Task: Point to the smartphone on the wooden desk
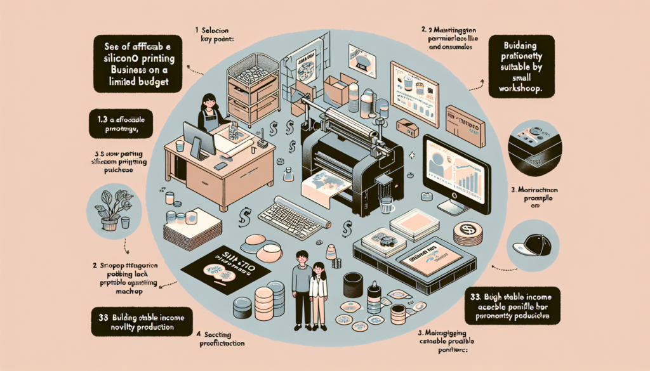click(x=220, y=166)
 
